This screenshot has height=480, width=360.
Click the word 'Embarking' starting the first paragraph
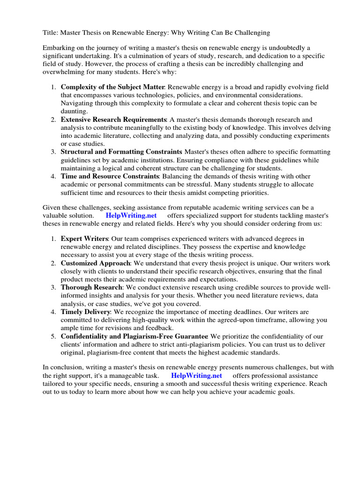[x=59, y=48]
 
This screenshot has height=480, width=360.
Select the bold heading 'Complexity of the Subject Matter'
[x=112, y=87]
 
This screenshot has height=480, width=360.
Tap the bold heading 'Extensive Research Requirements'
[x=113, y=120]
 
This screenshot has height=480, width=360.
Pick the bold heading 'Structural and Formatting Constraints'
[x=121, y=152]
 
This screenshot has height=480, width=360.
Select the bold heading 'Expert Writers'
[x=84, y=239]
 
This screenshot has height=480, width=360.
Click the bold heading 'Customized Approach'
[x=96, y=263]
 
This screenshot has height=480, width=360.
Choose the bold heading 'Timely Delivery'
[x=86, y=312]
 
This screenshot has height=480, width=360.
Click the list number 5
[x=53, y=336]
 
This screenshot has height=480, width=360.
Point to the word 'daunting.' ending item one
[x=74, y=112]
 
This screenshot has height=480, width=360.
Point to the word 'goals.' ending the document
[x=285, y=391]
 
